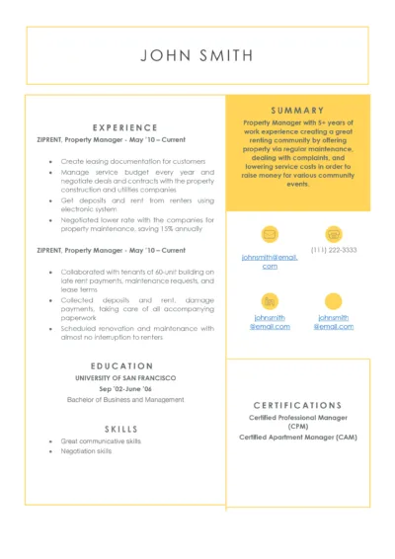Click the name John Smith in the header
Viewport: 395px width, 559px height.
click(x=197, y=55)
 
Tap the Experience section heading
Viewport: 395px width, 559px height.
click(x=125, y=127)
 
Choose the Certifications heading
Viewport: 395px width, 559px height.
click(x=297, y=405)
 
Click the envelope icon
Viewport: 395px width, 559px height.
click(x=270, y=235)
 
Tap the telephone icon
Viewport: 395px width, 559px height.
click(x=334, y=235)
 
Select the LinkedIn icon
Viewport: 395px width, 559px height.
click(x=270, y=300)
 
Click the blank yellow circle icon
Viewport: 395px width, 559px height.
click(x=334, y=300)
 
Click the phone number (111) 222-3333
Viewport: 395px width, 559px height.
click(x=334, y=251)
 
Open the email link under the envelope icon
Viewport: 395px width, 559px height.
click(x=270, y=261)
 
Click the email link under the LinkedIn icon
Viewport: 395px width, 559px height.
click(x=270, y=322)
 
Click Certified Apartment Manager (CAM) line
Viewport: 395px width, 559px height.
click(x=297, y=437)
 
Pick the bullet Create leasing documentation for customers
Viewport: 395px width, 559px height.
click(x=132, y=161)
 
